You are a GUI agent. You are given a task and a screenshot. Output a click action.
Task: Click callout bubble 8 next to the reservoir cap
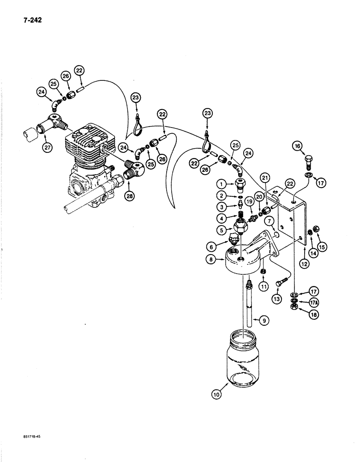click(213, 261)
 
